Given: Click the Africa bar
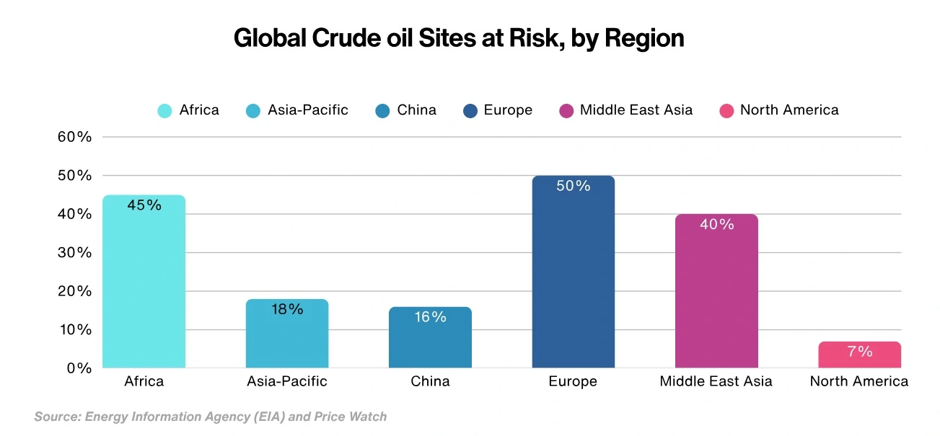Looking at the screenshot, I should tap(144, 288).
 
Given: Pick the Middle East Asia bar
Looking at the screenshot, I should tap(716, 295).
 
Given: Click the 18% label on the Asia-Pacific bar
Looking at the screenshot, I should tap(287, 310).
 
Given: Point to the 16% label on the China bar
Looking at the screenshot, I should tap(430, 317).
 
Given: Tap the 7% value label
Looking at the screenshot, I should tap(860, 352).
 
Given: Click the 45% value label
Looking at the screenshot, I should tap(144, 205).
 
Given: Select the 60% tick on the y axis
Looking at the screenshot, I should tap(75, 138).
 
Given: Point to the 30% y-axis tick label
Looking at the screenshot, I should tap(75, 253).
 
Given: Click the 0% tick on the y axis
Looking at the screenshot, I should tap(79, 368).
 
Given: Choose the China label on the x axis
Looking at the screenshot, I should tap(430, 381).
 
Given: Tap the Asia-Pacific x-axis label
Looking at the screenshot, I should tap(286, 381).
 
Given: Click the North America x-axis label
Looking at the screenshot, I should tap(858, 381).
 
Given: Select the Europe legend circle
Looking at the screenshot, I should tap(470, 111).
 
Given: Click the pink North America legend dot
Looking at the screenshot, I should tap(726, 111).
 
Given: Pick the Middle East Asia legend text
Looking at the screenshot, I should tap(636, 110).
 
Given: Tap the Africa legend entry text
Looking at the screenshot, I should tap(198, 110).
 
